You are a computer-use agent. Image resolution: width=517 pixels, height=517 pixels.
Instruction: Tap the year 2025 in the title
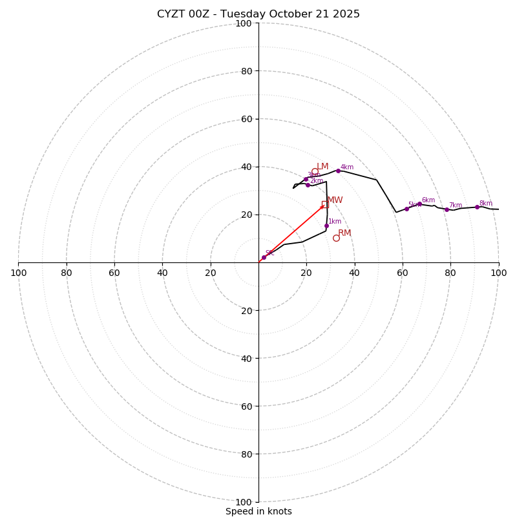(346, 14)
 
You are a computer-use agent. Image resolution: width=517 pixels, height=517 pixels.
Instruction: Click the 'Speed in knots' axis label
(258, 511)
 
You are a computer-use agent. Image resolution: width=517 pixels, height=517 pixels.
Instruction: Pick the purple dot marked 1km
(326, 226)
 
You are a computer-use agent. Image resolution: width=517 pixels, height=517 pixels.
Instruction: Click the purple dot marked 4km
(338, 171)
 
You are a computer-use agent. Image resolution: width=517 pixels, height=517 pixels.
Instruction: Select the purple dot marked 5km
(406, 209)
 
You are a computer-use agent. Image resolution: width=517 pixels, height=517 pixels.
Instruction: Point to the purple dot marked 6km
(419, 204)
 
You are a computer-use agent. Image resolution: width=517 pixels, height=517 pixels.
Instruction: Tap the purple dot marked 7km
(447, 209)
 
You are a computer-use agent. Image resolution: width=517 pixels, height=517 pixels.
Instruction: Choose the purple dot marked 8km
(477, 207)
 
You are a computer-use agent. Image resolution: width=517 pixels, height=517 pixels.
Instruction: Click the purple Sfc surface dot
(264, 257)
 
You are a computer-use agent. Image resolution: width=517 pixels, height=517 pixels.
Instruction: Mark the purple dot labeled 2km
(308, 185)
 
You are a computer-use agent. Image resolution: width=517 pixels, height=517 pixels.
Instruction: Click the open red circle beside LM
(315, 171)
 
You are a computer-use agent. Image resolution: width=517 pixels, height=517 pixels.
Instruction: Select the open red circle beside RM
(336, 238)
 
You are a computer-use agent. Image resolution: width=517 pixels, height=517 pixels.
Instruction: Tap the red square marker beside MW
(324, 204)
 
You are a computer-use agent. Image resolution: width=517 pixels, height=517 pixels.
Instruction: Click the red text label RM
(344, 233)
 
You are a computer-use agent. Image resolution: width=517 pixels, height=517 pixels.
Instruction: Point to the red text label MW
(335, 200)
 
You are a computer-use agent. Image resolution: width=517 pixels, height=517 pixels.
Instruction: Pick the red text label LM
(322, 167)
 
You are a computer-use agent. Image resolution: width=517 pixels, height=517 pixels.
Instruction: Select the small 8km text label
(485, 204)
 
